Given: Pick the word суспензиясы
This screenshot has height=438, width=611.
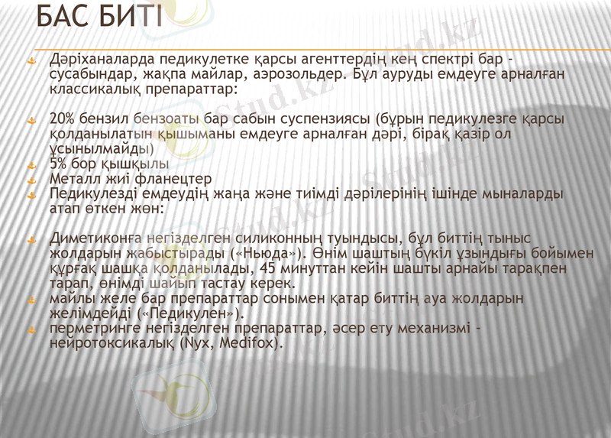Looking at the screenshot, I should tap(328, 120).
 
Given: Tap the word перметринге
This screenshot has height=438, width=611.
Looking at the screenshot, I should tap(89, 328).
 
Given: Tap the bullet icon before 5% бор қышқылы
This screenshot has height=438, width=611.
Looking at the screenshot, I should tap(32, 165).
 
